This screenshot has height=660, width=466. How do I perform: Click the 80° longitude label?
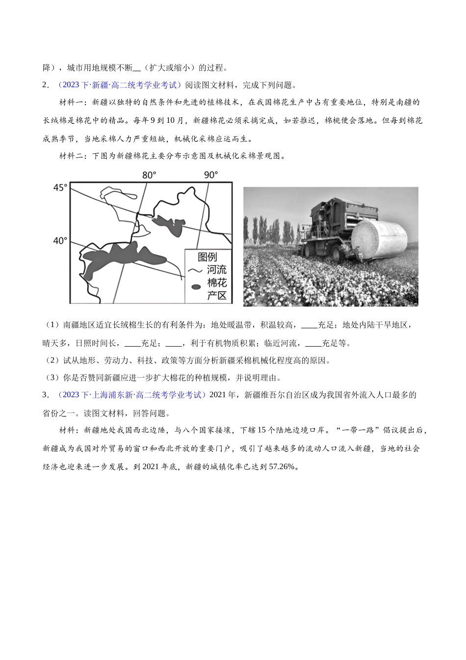pyautogui.click(x=149, y=175)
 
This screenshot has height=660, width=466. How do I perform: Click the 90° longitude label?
pyautogui.click(x=211, y=175)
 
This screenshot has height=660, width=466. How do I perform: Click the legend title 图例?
pyautogui.click(x=207, y=257)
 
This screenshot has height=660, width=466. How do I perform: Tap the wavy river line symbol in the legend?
pyautogui.click(x=196, y=271)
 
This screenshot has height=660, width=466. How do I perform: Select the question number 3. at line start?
pyautogui.click(x=46, y=395)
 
